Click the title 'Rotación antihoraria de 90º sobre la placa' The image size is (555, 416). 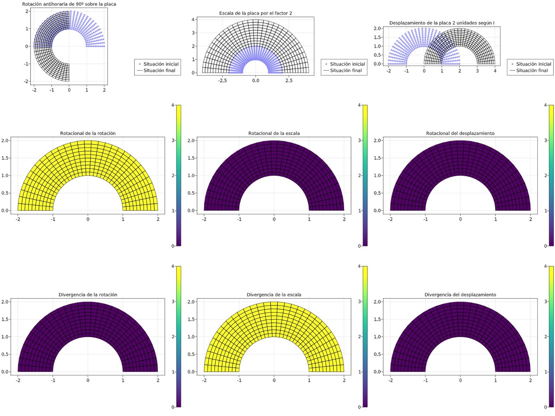click(69, 4)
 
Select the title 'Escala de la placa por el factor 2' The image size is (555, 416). click(255, 13)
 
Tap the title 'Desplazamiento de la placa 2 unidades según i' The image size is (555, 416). click(442, 23)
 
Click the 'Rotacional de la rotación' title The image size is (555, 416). click(88, 133)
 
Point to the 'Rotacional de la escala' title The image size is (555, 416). click(274, 133)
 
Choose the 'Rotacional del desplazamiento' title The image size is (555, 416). click(460, 133)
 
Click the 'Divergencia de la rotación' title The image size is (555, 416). click(88, 295)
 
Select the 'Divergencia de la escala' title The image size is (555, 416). click(274, 295)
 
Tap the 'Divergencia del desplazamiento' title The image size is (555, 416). click(460, 295)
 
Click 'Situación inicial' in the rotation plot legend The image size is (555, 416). click(161, 64)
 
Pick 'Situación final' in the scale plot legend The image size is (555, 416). click(345, 70)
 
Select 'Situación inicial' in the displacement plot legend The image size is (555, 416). click(533, 64)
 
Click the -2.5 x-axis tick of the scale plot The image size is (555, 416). click(222, 80)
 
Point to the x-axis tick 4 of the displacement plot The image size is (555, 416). click(495, 71)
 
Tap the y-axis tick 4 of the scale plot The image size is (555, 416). click(193, 19)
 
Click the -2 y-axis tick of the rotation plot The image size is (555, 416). click(26, 81)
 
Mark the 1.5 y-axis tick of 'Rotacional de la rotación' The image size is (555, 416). click(5, 158)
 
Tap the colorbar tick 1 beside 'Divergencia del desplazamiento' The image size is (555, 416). click(546, 372)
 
